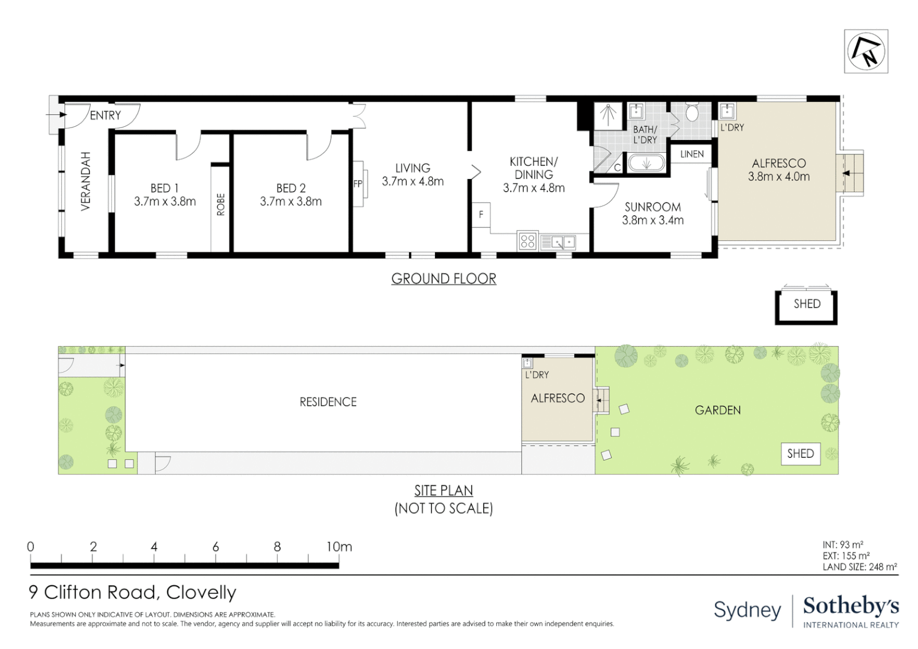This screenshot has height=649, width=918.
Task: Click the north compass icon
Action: pyautogui.click(x=866, y=51)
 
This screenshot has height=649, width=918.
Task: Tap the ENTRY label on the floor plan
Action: pyautogui.click(x=105, y=115)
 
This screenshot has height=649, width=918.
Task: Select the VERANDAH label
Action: pyautogui.click(x=86, y=181)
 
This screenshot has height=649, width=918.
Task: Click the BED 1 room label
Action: pyautogui.click(x=165, y=188)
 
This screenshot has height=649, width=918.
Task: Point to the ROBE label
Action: pyautogui.click(x=220, y=204)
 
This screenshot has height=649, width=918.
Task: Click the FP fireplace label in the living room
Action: pyautogui.click(x=358, y=184)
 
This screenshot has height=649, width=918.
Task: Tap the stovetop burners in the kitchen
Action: pyautogui.click(x=527, y=242)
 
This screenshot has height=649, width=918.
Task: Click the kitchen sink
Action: pyautogui.click(x=558, y=242)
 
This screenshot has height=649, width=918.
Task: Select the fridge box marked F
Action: pyautogui.click(x=481, y=215)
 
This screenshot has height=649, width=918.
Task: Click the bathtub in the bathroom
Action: pyautogui.click(x=646, y=163)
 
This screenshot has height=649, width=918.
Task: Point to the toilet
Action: pyautogui.click(x=692, y=112)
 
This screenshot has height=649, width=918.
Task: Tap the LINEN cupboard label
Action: pyautogui.click(x=692, y=154)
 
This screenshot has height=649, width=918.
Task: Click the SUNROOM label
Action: pyautogui.click(x=652, y=207)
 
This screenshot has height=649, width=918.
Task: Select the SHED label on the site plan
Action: pyautogui.click(x=800, y=454)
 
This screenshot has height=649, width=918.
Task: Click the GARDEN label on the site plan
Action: pyautogui.click(x=717, y=410)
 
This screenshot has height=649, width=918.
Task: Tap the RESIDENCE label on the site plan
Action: pyautogui.click(x=328, y=402)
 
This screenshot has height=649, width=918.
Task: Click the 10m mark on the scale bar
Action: pyautogui.click(x=339, y=547)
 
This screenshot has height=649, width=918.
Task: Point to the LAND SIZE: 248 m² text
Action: pyautogui.click(x=860, y=567)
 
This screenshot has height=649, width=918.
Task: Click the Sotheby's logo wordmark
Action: pyautogui.click(x=851, y=606)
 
